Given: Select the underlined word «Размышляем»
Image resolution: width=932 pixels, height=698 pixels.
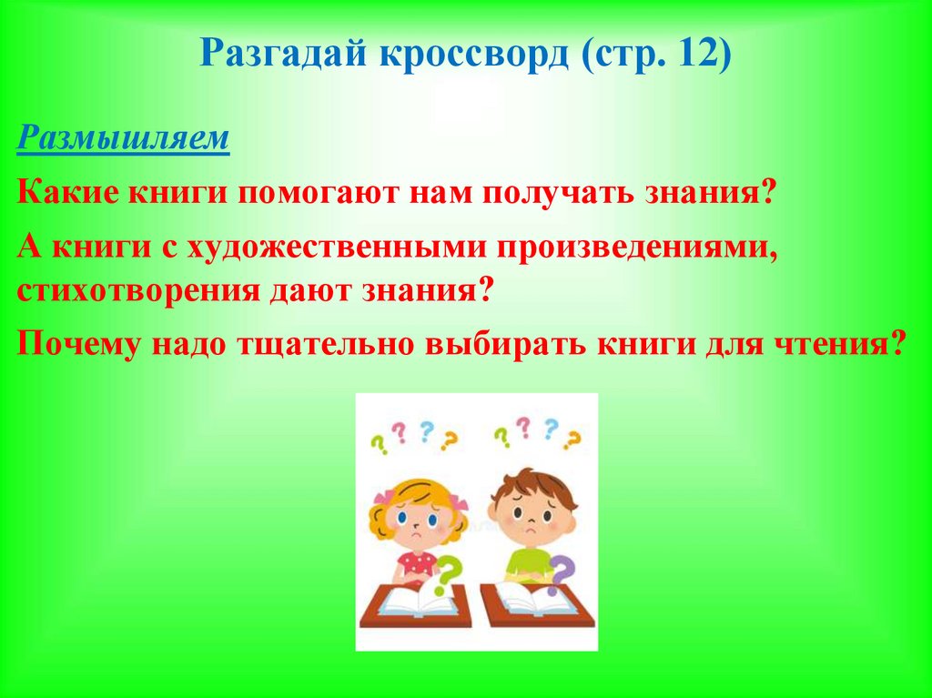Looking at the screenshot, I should pos(124,141).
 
